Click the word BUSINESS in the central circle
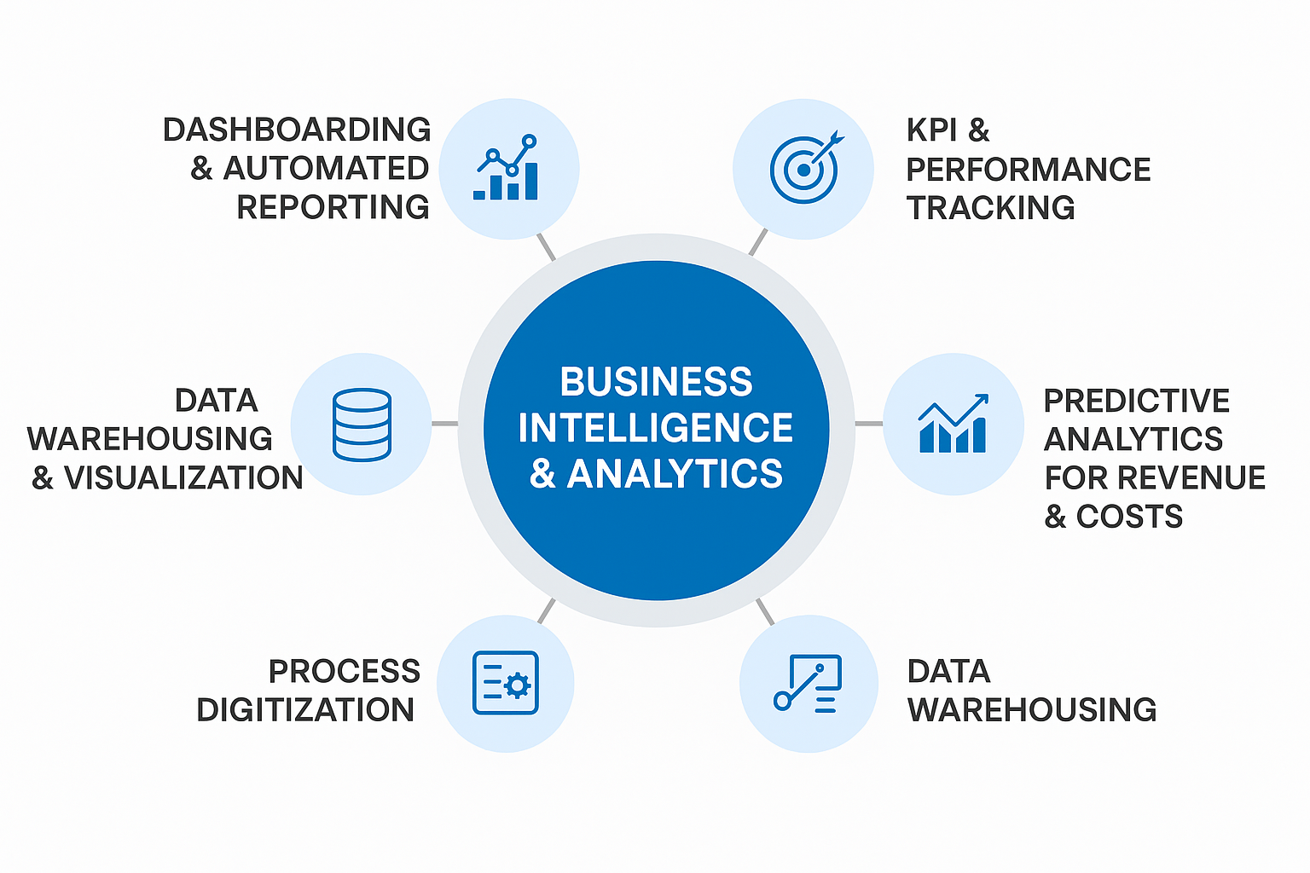pos(656,382)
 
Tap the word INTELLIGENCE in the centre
pos(656,428)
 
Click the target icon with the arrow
pos(805,168)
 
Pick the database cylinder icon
pos(362,425)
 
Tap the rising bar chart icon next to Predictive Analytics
pos(953,424)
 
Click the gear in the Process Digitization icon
pos(517,685)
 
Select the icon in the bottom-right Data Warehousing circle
pos(808,683)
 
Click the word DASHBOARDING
pos(297,130)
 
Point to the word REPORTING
pos(333,207)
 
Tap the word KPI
pos(932,130)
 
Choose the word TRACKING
pos(990,208)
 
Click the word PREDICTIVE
pos(1136,401)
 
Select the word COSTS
pos(1129,517)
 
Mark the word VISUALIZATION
pos(183,478)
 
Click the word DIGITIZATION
pos(305,710)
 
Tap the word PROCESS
pos(345,672)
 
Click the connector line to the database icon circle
pos(444,424)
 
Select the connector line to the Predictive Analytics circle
pos(868,424)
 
